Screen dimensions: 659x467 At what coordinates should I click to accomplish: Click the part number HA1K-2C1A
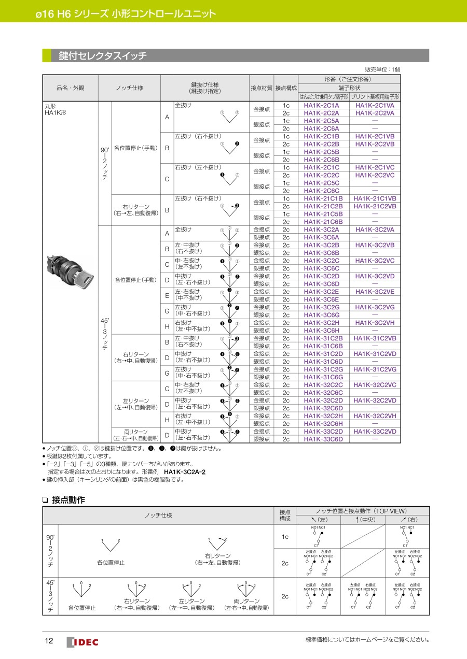(x=321, y=105)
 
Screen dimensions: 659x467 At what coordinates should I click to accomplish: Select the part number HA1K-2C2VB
(x=375, y=144)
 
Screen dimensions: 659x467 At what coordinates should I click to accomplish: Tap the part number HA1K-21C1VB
(x=375, y=198)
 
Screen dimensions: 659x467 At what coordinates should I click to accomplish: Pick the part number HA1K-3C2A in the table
(x=321, y=230)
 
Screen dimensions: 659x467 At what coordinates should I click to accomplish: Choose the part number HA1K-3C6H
(x=321, y=331)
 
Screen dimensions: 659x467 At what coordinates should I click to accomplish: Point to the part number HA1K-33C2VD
(x=375, y=432)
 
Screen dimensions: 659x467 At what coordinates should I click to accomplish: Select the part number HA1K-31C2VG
(x=375, y=369)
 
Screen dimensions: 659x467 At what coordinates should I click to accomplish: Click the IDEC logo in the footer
(x=83, y=642)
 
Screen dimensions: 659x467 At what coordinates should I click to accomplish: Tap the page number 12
(x=49, y=641)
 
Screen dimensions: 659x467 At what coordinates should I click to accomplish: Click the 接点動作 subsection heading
(x=68, y=500)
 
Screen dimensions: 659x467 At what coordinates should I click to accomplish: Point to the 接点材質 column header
(x=261, y=87)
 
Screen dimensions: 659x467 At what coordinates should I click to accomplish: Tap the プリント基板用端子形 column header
(x=375, y=96)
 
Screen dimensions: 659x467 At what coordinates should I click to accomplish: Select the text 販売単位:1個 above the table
(x=382, y=69)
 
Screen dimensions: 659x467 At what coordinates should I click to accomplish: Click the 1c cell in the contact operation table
(x=285, y=537)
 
